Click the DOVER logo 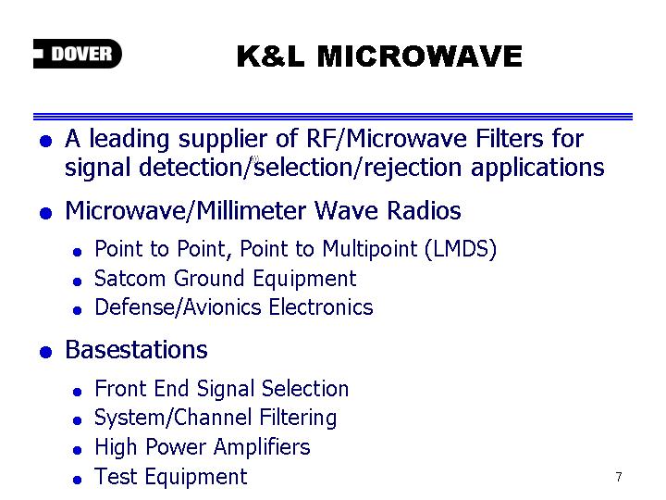(x=78, y=54)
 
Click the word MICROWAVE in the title (x=420, y=56)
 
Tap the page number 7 (x=619, y=477)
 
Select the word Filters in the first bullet (x=510, y=139)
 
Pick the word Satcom (x=130, y=279)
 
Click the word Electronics (x=321, y=307)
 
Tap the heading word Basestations (x=136, y=350)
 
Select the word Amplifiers (x=262, y=447)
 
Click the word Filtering (x=298, y=418)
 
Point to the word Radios (x=424, y=210)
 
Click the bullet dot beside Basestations (x=46, y=352)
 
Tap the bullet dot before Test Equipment (x=77, y=480)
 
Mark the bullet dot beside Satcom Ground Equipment (x=77, y=281)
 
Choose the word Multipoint (x=369, y=249)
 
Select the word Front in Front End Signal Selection (x=120, y=389)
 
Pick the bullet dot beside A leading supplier (x=46, y=141)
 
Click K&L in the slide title (x=271, y=56)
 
